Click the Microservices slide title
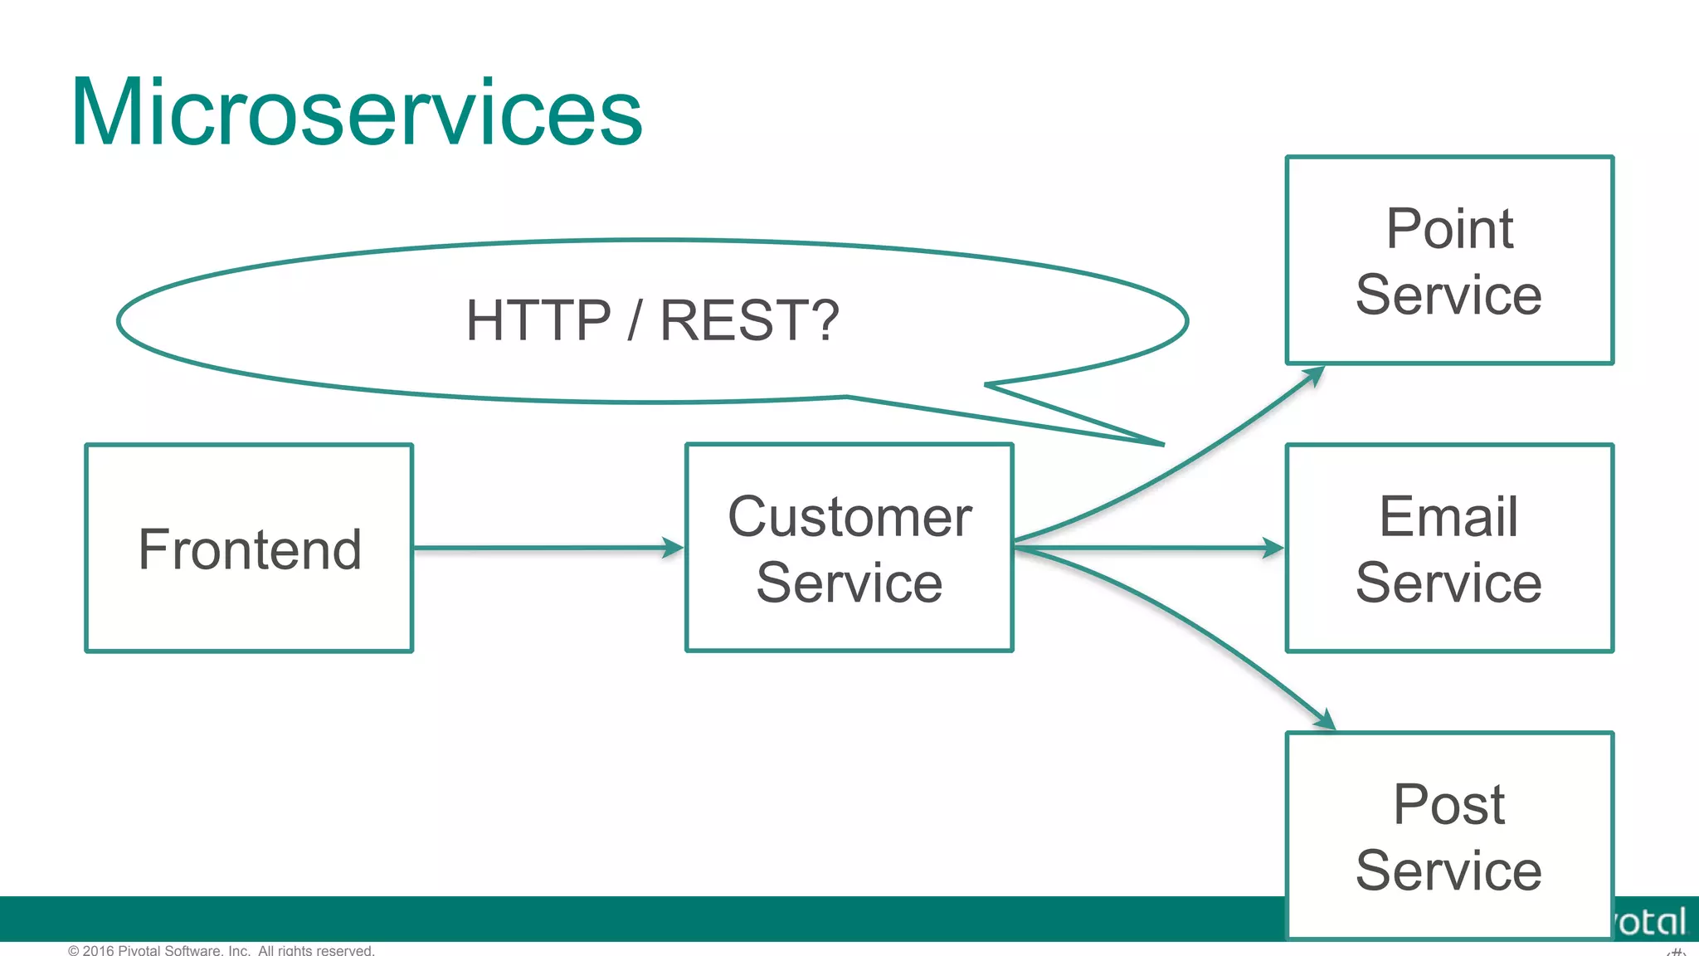coord(357,113)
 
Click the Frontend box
coord(249,548)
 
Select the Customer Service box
coord(849,548)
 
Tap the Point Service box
coord(1448,260)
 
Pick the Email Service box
coord(1448,548)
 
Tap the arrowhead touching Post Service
coord(1325,720)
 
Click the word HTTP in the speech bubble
coord(538,320)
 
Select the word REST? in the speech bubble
coord(749,320)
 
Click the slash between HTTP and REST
coord(635,320)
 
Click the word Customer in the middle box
coord(849,516)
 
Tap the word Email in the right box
coord(1448,516)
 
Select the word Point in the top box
coord(1448,228)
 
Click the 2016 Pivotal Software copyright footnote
coord(222,949)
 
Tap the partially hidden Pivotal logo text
coord(1651,921)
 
